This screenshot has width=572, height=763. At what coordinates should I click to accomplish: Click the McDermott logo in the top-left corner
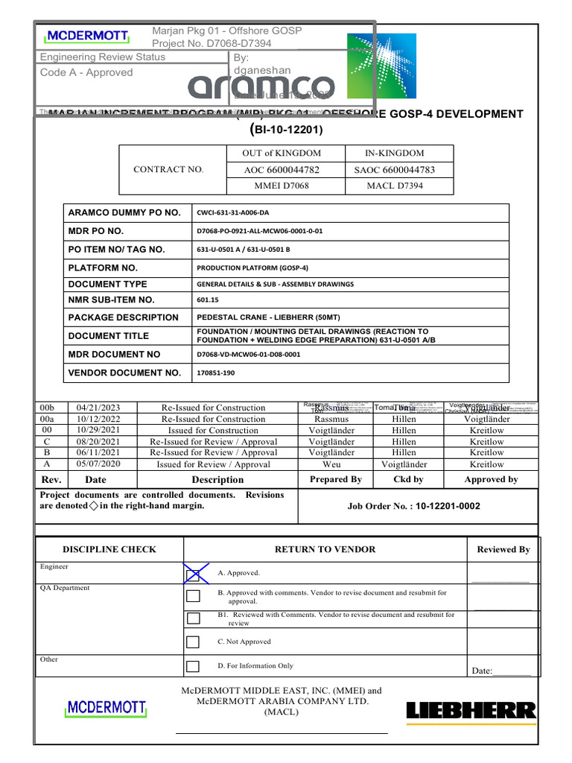(x=87, y=37)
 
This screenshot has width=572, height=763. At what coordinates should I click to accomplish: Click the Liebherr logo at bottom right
(x=471, y=711)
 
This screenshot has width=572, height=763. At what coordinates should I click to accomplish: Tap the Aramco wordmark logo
(x=261, y=87)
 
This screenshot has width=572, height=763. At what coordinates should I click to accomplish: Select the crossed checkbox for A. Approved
(x=194, y=573)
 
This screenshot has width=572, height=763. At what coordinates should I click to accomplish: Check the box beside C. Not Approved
(x=193, y=642)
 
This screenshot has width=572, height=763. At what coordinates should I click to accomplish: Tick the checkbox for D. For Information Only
(x=193, y=666)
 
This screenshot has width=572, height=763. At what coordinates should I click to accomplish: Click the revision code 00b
(x=48, y=408)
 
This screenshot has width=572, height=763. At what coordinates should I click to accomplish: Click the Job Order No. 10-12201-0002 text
(x=413, y=506)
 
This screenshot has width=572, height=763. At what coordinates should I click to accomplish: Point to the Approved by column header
(x=490, y=480)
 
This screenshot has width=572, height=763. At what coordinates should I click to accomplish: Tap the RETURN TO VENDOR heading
(x=325, y=549)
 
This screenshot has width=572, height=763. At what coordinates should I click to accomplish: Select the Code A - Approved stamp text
(x=86, y=72)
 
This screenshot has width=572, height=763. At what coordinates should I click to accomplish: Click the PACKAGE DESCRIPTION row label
(x=124, y=317)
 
